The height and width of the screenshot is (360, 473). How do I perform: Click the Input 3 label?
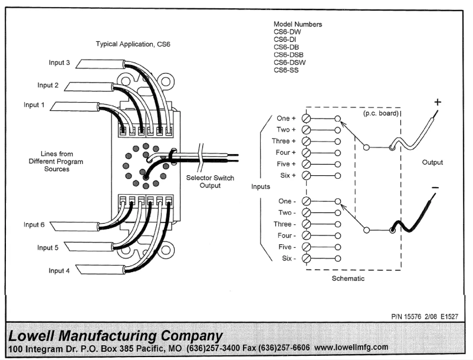pos(59,63)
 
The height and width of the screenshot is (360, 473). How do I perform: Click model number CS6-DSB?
pos(288,55)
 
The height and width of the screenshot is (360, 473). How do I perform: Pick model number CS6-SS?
pos(287,70)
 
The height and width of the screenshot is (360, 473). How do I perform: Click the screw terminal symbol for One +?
pos(306,119)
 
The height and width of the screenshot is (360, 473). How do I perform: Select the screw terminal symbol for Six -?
pos(306,258)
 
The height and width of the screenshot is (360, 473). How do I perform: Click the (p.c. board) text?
pos(379,113)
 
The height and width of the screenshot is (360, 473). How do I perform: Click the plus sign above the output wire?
pos(438,102)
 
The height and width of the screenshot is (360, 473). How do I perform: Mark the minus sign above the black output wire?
pos(435,188)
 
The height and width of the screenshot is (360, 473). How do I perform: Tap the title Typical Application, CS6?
pos(133,44)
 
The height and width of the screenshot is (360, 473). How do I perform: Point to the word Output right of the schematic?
pos(432,162)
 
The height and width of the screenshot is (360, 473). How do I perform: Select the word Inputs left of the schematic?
pos(260,186)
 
